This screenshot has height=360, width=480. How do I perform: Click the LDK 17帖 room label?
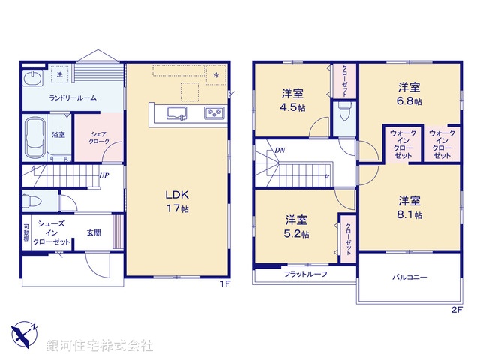click(177, 201)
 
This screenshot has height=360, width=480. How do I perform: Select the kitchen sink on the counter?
click(177, 114)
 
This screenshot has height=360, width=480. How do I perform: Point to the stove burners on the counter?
click(213, 114)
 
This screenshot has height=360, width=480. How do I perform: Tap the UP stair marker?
click(104, 177)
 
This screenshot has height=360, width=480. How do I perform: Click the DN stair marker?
click(279, 151)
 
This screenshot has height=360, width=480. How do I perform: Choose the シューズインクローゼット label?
click(51, 232)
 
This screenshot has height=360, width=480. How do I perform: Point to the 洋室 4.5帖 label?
click(293, 100)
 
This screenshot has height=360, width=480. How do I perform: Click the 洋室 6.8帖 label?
click(409, 93)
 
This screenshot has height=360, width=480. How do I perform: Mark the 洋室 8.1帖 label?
click(409, 207)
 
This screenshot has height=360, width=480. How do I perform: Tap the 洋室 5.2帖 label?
click(297, 226)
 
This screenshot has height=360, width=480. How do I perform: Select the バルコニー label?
click(409, 277)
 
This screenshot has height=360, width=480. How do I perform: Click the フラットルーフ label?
click(304, 274)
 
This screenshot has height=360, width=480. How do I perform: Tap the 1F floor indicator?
click(224, 284)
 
